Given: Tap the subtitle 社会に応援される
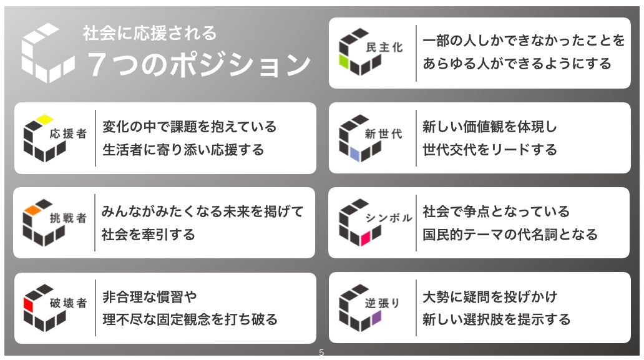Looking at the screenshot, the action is click(x=150, y=32).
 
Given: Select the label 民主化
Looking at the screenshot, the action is click(x=388, y=48).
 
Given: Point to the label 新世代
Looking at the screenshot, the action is click(x=384, y=134).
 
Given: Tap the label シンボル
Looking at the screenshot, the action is click(x=389, y=218).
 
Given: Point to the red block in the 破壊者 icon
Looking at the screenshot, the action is click(x=28, y=304).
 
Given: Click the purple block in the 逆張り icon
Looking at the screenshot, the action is click(x=376, y=317).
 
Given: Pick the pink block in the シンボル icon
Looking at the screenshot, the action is click(x=366, y=236).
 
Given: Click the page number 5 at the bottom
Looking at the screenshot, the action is click(x=321, y=353).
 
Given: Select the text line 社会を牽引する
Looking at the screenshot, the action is click(x=149, y=235).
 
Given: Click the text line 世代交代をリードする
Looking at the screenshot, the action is click(x=490, y=150).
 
